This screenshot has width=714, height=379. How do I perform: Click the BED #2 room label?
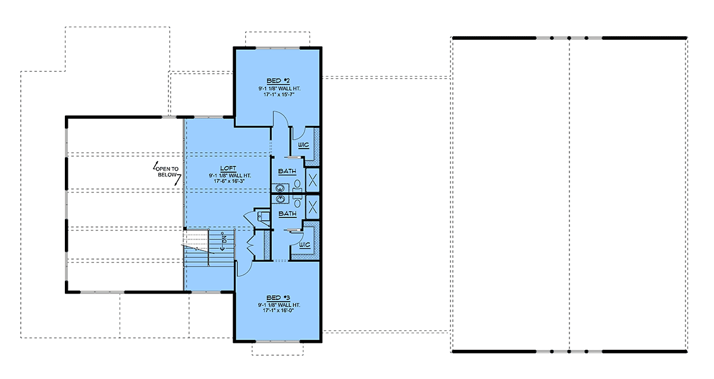tap(278, 81)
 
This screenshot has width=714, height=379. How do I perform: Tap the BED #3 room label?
tap(278, 298)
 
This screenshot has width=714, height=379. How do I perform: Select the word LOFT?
tap(228, 168)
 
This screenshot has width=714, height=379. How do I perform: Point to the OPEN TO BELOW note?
tap(167, 172)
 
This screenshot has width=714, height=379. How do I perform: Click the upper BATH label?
tap(287, 171)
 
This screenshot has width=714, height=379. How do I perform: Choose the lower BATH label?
tap(287, 213)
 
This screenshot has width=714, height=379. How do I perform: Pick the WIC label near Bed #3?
tap(305, 245)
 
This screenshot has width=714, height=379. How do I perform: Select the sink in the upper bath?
tap(280, 188)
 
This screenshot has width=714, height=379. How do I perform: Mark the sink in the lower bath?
tap(280, 199)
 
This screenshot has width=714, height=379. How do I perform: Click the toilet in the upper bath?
tap(297, 186)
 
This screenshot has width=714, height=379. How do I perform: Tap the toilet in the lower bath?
tap(297, 201)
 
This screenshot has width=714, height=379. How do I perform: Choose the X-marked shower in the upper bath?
tap(313, 181)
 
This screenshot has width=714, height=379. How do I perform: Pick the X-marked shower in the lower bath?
tap(313, 207)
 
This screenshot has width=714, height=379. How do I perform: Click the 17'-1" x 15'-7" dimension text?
tap(278, 94)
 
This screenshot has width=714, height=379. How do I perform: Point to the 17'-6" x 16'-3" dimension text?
tap(229, 181)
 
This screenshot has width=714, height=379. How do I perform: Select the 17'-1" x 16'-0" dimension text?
tap(278, 311)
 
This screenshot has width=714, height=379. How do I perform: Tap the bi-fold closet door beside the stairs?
tap(251, 242)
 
